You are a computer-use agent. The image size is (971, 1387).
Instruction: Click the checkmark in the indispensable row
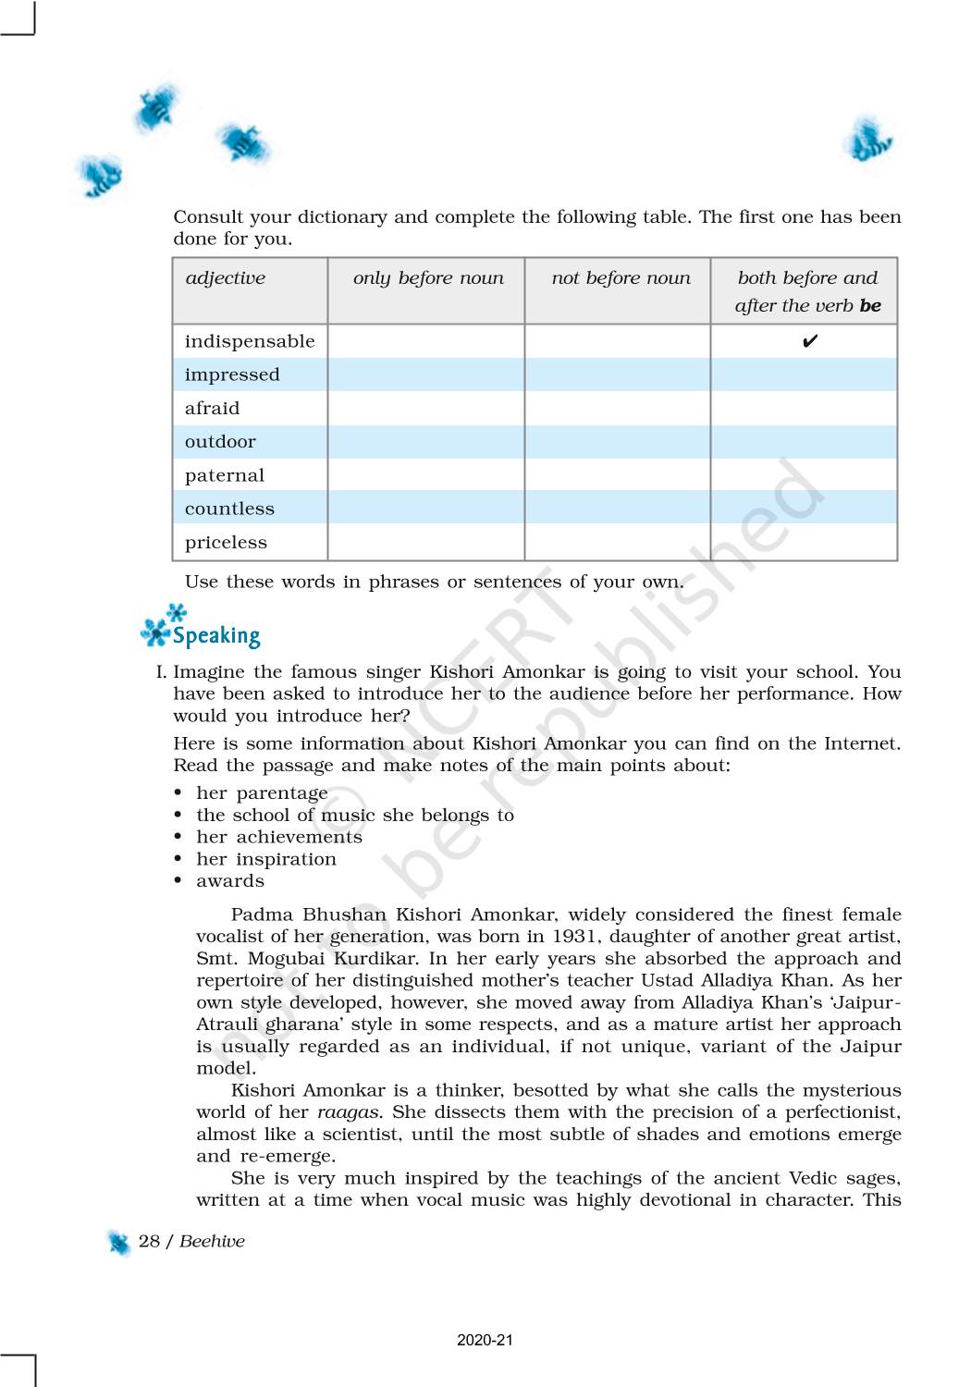809,342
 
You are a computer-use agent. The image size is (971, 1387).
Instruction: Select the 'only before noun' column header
428,278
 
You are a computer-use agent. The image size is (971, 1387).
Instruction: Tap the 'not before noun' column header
621,278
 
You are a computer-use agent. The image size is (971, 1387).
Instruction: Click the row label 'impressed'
232,374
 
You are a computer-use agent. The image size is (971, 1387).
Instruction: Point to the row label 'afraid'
212,409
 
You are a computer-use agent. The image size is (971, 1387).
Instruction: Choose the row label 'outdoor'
220,442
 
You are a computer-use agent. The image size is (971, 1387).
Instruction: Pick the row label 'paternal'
225,475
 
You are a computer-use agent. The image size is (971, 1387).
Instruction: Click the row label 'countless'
229,509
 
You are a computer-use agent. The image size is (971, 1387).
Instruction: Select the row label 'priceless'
226,543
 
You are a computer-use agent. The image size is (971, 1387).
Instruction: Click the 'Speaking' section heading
216,635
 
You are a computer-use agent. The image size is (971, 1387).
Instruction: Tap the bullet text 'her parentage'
262,793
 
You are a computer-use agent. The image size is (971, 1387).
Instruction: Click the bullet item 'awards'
230,881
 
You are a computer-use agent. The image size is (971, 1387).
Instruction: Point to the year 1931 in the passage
574,937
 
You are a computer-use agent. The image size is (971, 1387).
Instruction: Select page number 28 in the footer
149,1241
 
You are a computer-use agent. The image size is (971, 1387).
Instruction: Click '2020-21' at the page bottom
485,1340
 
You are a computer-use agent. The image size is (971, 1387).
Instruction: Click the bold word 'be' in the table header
870,306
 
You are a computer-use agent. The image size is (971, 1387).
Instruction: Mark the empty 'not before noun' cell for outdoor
617,442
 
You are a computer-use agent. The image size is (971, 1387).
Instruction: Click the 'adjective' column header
225,278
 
